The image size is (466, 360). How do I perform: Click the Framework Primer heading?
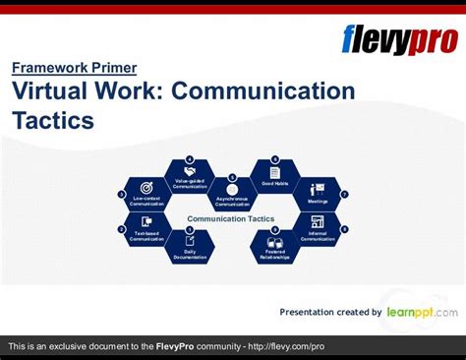[x=75, y=68]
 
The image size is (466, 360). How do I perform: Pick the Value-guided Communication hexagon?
[x=190, y=176]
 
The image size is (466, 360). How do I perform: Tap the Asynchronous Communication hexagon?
[x=232, y=194]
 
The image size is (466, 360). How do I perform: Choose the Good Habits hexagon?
[x=274, y=176]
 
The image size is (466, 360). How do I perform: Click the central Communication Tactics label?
[x=231, y=218]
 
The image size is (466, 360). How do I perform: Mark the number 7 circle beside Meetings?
[x=344, y=194]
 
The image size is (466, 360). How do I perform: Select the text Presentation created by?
[x=330, y=312]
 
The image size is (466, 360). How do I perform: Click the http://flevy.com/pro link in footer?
[x=286, y=347]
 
